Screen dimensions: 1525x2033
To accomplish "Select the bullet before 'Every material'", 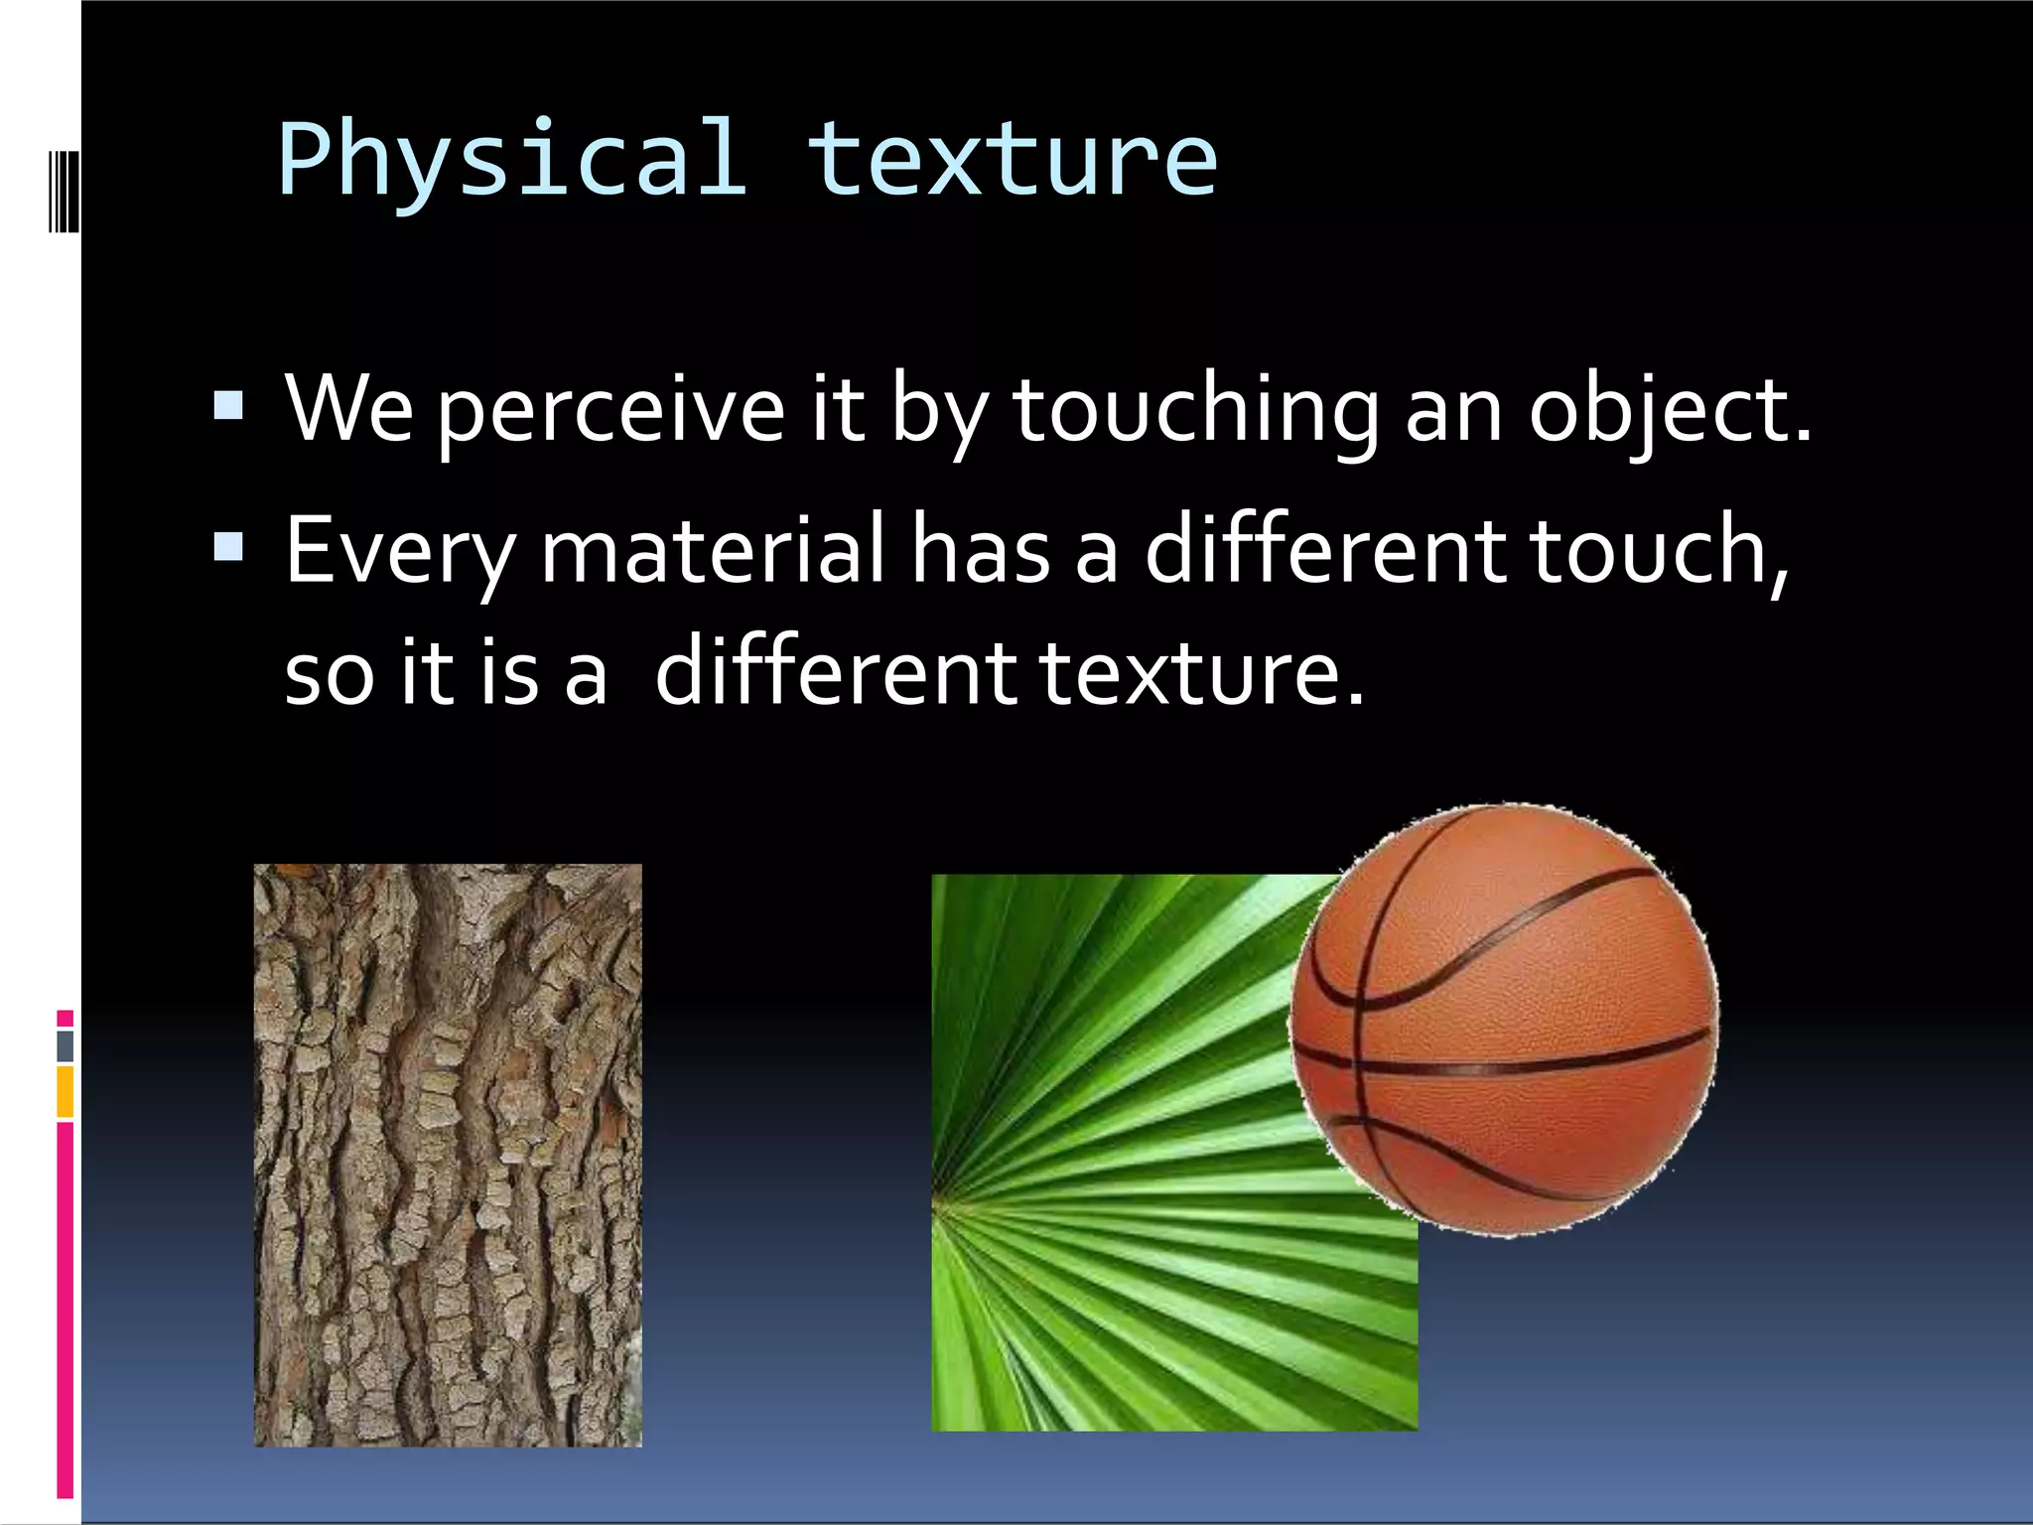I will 228,547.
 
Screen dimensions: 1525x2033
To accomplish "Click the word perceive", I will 610,410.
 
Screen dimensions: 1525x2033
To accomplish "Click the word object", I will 1668,410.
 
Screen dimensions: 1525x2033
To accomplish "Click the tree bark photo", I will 448,1154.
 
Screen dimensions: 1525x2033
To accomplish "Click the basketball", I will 1504,1020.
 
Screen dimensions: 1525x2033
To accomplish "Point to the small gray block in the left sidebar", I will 65,1045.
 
